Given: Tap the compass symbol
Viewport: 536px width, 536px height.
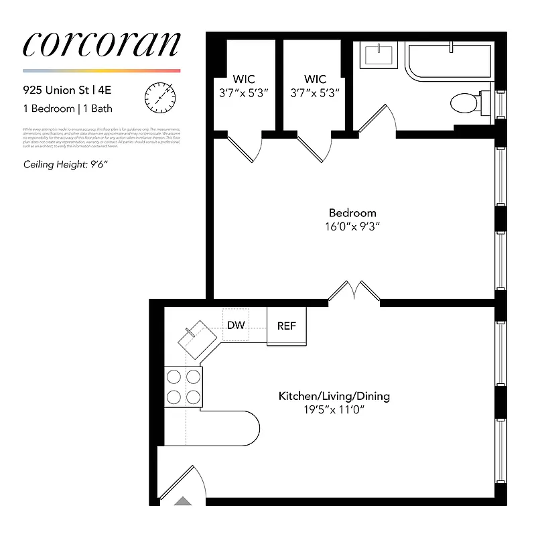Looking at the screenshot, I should tap(159, 96).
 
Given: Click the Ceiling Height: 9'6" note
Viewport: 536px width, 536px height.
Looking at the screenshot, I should tap(66, 164).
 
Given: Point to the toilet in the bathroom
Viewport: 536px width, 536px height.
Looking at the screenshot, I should tap(464, 103).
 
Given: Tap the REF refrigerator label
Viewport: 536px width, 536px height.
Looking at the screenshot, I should tap(287, 326).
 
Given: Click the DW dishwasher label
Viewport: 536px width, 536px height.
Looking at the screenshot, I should tap(236, 325).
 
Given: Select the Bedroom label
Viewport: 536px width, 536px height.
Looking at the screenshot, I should tap(352, 213).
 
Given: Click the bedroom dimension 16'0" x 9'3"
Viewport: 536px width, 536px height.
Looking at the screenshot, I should tap(352, 226).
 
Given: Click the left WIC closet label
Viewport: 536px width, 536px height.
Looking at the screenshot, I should tap(244, 79).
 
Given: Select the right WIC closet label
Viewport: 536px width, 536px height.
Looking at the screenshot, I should tap(315, 79).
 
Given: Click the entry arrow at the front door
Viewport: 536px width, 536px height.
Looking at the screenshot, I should tap(183, 500).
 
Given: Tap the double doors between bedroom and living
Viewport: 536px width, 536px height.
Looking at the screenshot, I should tap(354, 292).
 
